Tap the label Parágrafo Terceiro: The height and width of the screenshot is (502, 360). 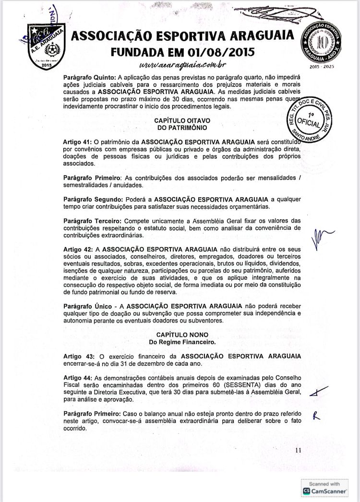(89, 220)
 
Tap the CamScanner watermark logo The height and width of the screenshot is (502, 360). (324, 490)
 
